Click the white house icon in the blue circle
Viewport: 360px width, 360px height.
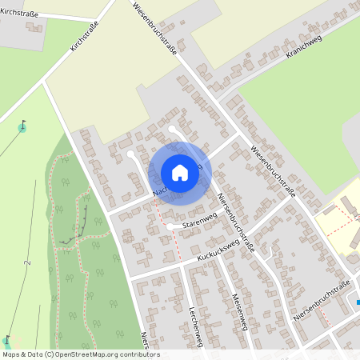click(x=180, y=173)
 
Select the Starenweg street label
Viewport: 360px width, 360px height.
click(x=199, y=220)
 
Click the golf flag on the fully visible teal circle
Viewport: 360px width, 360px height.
click(x=22, y=126)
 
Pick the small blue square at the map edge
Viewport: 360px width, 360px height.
click(x=358, y=302)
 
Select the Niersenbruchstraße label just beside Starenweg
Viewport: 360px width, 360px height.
click(x=236, y=223)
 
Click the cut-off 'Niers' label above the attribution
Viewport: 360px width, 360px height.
click(x=145, y=339)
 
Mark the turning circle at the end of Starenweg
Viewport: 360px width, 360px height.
click(x=170, y=227)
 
